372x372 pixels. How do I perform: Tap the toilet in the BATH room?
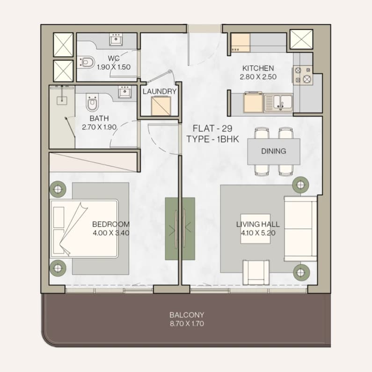[92, 103]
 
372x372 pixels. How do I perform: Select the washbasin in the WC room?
[116, 39]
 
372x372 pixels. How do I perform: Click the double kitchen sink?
[278, 103]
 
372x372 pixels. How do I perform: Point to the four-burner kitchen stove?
[303, 75]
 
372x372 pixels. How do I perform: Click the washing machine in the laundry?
[161, 106]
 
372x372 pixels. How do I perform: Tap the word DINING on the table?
[274, 151]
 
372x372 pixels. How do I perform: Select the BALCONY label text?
[187, 315]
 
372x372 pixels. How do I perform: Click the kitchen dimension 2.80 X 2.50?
[258, 77]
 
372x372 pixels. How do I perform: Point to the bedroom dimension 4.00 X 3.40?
[111, 233]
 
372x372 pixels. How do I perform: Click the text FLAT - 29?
[212, 128]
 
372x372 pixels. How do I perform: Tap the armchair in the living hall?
[256, 272]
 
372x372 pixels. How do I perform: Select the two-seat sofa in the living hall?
[300, 229]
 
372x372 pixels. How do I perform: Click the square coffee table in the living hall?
[255, 229]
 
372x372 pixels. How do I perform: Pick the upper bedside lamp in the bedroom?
[58, 189]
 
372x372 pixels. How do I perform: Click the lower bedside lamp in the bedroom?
[58, 268]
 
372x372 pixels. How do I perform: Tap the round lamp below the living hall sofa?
[301, 272]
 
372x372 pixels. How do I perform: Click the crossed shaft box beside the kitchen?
[301, 39]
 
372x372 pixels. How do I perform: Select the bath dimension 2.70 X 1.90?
[99, 127]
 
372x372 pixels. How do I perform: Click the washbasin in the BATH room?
[124, 92]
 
